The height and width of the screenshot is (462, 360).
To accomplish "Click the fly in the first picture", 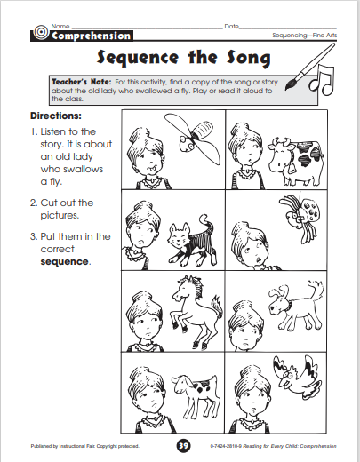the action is [x=193, y=139].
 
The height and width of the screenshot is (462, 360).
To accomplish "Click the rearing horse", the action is [x=196, y=311].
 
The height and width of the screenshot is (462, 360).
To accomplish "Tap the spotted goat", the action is [x=196, y=394].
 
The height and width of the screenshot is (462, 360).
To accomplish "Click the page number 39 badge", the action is [x=183, y=445].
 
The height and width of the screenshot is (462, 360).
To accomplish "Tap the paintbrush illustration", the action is [x=310, y=67].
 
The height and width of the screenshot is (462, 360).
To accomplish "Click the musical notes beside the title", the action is [x=322, y=80].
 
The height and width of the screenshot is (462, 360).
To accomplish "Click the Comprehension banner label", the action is [x=91, y=36].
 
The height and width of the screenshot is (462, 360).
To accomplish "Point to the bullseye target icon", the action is [x=41, y=32].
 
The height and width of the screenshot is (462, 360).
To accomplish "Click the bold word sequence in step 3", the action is [x=64, y=262].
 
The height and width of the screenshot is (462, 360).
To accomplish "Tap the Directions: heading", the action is [x=56, y=115].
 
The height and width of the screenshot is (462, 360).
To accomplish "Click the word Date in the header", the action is [x=231, y=27].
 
